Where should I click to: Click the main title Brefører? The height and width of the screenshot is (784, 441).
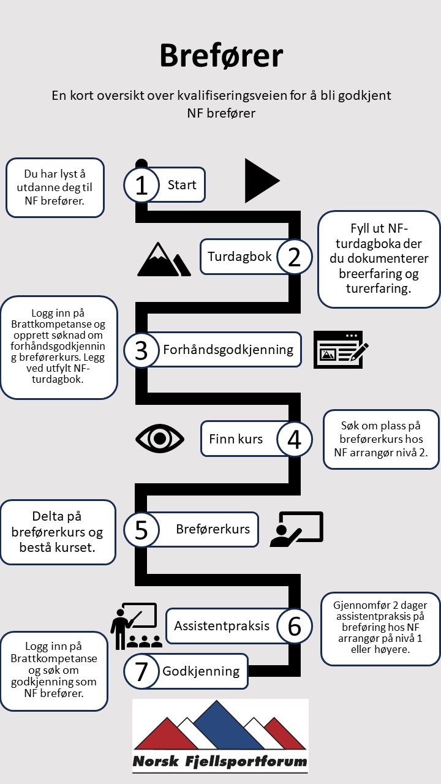pyautogui.click(x=221, y=56)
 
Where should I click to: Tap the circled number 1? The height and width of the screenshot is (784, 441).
pyautogui.click(x=141, y=185)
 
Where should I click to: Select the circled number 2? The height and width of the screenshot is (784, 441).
pyautogui.click(x=295, y=257)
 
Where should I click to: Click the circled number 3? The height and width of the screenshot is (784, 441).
pyautogui.click(x=141, y=350)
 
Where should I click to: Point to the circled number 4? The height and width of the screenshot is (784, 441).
pyautogui.click(x=295, y=439)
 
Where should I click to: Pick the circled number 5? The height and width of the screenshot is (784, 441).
pyautogui.click(x=141, y=530)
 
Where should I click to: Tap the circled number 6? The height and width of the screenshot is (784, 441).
pyautogui.click(x=295, y=626)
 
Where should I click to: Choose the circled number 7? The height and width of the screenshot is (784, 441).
pyautogui.click(x=141, y=672)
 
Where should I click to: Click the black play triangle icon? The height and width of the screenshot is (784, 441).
pyautogui.click(x=261, y=181)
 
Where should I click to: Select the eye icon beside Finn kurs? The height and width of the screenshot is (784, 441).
pyautogui.click(x=159, y=439)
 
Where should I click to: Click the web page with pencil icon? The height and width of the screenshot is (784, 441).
pyautogui.click(x=341, y=350)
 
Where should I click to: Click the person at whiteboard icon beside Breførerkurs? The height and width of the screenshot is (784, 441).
pyautogui.click(x=296, y=529)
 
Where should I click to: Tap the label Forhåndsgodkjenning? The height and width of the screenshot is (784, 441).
pyautogui.click(x=228, y=350)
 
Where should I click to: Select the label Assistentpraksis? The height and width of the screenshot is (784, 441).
pyautogui.click(x=222, y=626)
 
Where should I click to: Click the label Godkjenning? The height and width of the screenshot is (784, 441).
pyautogui.click(x=201, y=671)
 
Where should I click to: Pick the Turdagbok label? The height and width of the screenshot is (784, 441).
pyautogui.click(x=239, y=257)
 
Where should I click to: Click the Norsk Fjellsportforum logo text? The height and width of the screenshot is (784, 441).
pyautogui.click(x=221, y=762)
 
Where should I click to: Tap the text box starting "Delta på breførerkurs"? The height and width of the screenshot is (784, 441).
pyautogui.click(x=58, y=532)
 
